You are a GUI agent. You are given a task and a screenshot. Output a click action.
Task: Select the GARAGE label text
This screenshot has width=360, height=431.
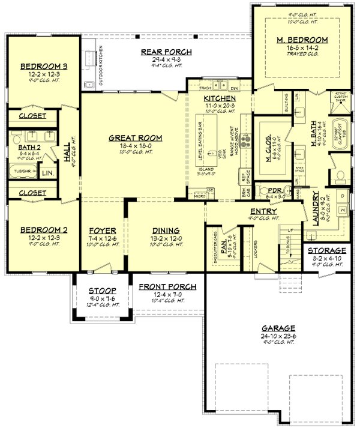coord(278,328)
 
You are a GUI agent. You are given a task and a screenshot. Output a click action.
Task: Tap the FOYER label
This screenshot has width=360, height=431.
coord(103,230)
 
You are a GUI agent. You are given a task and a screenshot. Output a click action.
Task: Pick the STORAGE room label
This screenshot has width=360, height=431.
coord(327,250)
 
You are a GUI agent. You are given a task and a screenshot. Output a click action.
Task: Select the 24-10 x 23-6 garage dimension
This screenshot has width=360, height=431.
coord(278,336)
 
